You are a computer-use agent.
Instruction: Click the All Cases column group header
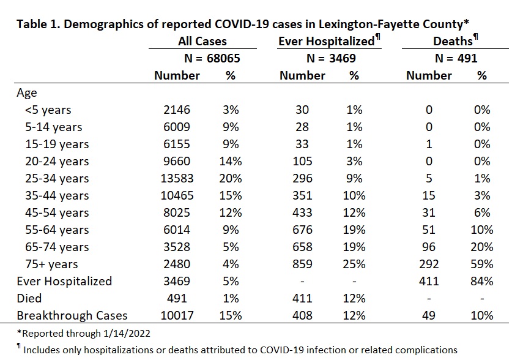click(202, 41)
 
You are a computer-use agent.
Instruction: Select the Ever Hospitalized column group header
click(327, 41)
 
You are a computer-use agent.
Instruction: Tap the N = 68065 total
click(212, 58)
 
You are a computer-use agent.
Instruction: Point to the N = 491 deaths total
click(456, 58)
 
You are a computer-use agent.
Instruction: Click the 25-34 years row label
click(57, 178)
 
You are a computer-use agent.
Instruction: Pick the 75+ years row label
click(51, 264)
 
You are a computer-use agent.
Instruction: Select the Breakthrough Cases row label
click(72, 315)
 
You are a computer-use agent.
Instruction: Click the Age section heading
click(27, 93)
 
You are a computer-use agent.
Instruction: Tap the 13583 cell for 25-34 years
click(177, 178)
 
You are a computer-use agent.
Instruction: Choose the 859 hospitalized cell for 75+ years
click(302, 264)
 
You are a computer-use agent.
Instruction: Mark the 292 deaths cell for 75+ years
click(429, 264)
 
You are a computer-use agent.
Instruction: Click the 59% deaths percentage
click(482, 264)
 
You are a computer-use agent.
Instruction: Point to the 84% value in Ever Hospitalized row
click(482, 281)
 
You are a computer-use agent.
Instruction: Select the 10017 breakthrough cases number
click(177, 315)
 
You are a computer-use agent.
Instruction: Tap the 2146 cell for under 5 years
click(177, 110)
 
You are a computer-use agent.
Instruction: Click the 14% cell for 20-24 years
click(231, 161)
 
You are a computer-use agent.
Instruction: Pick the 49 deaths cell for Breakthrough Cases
click(429, 315)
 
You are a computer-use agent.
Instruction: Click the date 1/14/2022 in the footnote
click(127, 333)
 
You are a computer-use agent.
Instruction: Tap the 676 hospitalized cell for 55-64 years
click(302, 230)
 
